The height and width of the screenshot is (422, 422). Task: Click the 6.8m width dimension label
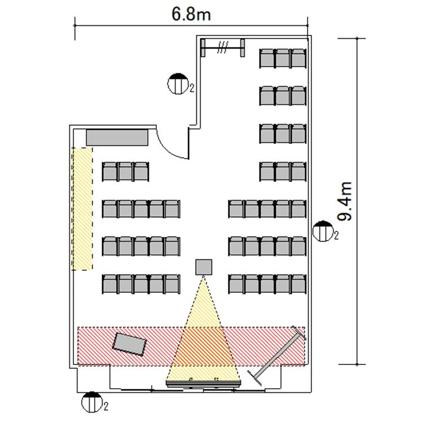coord(191,14)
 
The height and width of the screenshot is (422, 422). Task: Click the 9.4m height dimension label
coord(345,201)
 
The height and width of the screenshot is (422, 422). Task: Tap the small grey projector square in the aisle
coord(204,267)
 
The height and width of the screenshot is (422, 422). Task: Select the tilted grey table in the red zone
coord(129,344)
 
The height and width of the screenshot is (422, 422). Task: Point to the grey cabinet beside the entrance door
coord(117,138)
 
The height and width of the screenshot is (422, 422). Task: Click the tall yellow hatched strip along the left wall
coord(82,209)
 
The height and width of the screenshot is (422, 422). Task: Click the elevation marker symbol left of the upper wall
coord(178,83)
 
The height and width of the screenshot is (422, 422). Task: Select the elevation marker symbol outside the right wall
coord(322,231)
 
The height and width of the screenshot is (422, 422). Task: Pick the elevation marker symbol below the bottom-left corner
coord(92,402)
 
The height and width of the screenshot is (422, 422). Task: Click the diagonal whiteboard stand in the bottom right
coord(277,355)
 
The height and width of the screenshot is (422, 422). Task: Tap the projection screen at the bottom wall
coord(204,383)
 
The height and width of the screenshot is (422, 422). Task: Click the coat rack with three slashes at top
coord(223,47)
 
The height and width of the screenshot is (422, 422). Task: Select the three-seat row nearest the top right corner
coord(283,59)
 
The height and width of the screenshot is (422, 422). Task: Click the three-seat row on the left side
coord(125,172)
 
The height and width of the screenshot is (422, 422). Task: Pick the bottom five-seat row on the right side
coord(267,284)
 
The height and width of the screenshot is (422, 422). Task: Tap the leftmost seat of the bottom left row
coord(110,284)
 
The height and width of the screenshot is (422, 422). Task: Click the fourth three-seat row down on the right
coord(283,172)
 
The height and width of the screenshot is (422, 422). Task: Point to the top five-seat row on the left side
coord(141,209)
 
